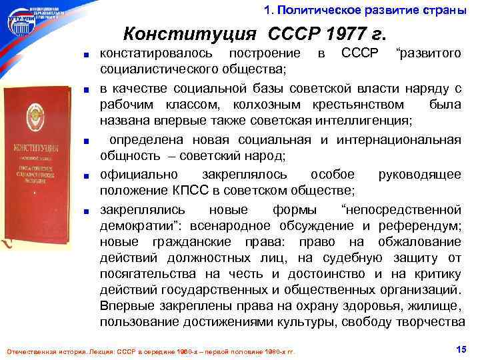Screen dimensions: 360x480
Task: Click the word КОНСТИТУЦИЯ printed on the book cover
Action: (x=42, y=147)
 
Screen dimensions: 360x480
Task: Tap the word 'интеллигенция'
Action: (x=371, y=121)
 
